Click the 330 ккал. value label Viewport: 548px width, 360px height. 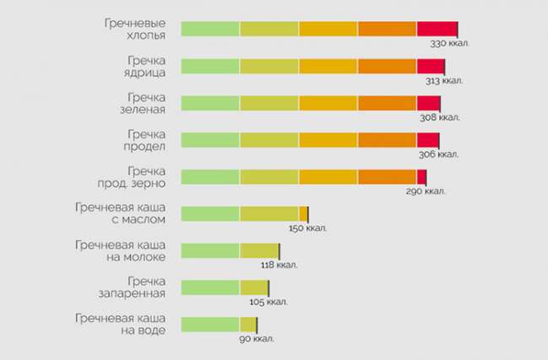(x=450, y=42)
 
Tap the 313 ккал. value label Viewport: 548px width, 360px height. (x=443, y=80)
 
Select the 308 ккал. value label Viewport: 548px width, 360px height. (x=440, y=117)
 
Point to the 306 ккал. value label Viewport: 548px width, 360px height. (x=438, y=154)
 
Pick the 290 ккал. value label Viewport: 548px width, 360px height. (x=426, y=191)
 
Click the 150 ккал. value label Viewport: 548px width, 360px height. (x=307, y=228)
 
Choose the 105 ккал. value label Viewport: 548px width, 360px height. (x=268, y=302)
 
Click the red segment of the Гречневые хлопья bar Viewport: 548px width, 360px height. (x=437, y=29)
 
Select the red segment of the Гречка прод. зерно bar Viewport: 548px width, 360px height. (x=422, y=177)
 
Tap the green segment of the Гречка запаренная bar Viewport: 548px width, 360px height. (x=210, y=287)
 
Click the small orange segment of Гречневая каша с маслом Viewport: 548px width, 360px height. (x=304, y=213)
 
